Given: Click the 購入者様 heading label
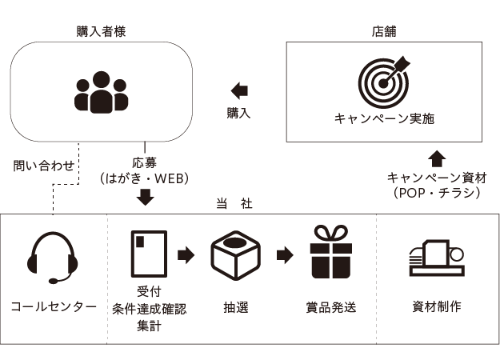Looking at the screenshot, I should click(x=101, y=32).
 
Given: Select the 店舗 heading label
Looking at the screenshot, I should click(x=383, y=32).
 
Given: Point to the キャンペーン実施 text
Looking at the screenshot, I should click(x=383, y=119).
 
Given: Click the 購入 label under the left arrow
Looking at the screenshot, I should click(x=238, y=114).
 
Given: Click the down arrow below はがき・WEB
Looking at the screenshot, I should click(x=145, y=197).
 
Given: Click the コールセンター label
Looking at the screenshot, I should click(x=54, y=306).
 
